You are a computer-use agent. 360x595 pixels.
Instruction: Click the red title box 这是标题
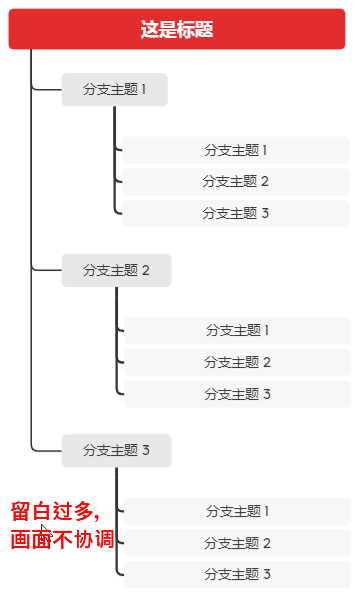[x=177, y=29]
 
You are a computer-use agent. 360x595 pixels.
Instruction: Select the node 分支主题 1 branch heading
[x=114, y=89]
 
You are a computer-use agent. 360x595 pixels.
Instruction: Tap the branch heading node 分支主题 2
[x=116, y=270]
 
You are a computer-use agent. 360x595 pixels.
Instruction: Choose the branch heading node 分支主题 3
[x=116, y=450]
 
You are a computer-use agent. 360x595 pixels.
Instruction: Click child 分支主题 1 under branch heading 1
[x=236, y=150]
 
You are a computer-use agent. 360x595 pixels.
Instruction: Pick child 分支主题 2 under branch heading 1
[x=236, y=181]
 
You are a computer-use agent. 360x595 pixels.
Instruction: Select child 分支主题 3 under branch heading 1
[x=236, y=213]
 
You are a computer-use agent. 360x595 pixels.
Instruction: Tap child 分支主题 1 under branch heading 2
[x=238, y=330]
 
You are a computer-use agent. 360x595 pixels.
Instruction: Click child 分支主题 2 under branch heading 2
[x=238, y=362]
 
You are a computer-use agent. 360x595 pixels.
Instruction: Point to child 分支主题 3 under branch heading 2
[x=238, y=394]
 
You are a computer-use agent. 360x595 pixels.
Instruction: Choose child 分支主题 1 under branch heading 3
[x=238, y=511]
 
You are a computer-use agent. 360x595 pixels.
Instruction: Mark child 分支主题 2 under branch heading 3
[x=238, y=543]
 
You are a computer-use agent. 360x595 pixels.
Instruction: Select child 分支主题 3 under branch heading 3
[x=238, y=575]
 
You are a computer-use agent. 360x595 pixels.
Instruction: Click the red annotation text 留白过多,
[x=55, y=512]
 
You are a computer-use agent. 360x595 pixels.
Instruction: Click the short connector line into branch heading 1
[x=46, y=89]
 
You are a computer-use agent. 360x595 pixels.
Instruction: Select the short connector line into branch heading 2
[x=46, y=270]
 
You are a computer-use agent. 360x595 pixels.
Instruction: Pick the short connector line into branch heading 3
[x=46, y=450]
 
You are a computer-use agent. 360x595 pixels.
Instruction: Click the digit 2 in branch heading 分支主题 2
[x=145, y=270]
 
